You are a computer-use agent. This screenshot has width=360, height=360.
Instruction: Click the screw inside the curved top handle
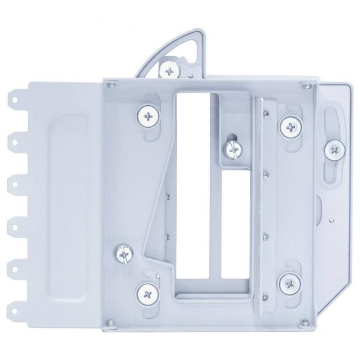tap(169, 70)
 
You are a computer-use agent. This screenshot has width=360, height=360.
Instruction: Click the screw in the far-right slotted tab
tap(335, 149)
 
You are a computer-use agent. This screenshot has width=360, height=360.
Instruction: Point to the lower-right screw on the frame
tap(290, 283)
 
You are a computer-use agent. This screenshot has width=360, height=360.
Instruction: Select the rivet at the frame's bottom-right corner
tap(305, 322)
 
